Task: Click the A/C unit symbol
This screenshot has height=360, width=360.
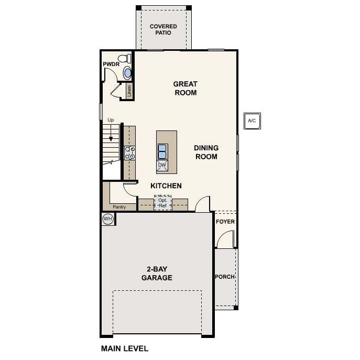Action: (252, 121)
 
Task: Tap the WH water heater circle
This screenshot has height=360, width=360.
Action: (107, 219)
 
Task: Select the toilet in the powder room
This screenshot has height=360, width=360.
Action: (125, 59)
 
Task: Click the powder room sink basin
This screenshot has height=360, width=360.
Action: (127, 73)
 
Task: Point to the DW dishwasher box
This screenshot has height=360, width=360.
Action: (162, 165)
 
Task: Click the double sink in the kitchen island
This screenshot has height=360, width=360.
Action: (162, 151)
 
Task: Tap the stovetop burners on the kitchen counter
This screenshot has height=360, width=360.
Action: (130, 153)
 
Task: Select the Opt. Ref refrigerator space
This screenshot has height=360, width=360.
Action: (162, 203)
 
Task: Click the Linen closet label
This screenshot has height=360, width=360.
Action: (129, 91)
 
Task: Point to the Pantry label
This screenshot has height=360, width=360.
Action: (119, 207)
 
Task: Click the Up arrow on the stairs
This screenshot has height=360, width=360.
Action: (111, 133)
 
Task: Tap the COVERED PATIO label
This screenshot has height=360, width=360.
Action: (163, 30)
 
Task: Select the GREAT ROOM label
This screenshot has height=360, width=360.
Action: (186, 89)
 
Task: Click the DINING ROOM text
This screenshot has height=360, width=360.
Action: (206, 152)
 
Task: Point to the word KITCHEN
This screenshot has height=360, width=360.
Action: (166, 186)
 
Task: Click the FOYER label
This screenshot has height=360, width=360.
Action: (225, 222)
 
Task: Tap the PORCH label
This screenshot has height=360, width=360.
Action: (225, 277)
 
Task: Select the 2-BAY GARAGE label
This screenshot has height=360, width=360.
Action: (157, 274)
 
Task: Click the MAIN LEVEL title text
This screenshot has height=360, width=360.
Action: (125, 348)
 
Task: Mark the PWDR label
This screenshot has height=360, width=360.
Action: (111, 64)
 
